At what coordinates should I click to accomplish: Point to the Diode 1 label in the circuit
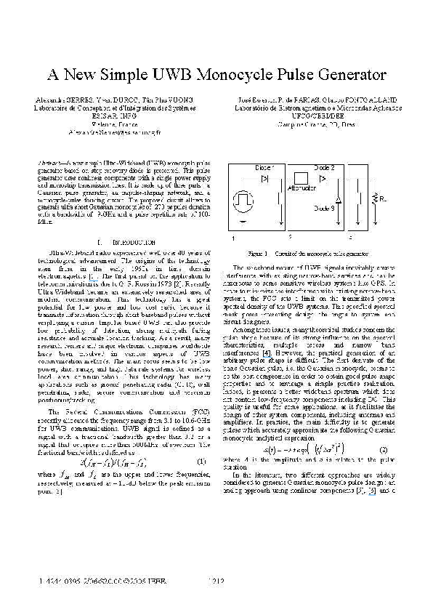265,168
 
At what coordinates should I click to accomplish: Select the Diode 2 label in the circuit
325,167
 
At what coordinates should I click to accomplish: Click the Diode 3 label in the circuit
325,209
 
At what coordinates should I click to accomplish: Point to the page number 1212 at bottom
216,581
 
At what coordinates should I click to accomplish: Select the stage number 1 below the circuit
233,238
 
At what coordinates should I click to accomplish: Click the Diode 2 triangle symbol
326,177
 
